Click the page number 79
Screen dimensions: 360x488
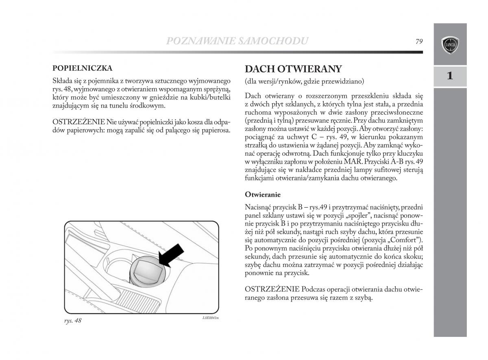pos(419,41)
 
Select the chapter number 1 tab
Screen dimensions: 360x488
pos(449,76)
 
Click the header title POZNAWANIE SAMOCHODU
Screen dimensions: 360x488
pos(237,41)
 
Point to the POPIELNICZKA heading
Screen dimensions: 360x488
pos(82,68)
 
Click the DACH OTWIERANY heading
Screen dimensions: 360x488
pos(293,69)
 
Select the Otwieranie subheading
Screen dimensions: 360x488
pos(263,195)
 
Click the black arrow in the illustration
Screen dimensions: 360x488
pos(171,256)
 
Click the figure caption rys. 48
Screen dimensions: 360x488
pos(73,321)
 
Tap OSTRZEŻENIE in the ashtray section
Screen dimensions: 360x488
pos(79,122)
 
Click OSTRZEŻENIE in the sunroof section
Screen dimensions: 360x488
pos(271,289)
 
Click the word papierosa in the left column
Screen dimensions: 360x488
pos(216,130)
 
